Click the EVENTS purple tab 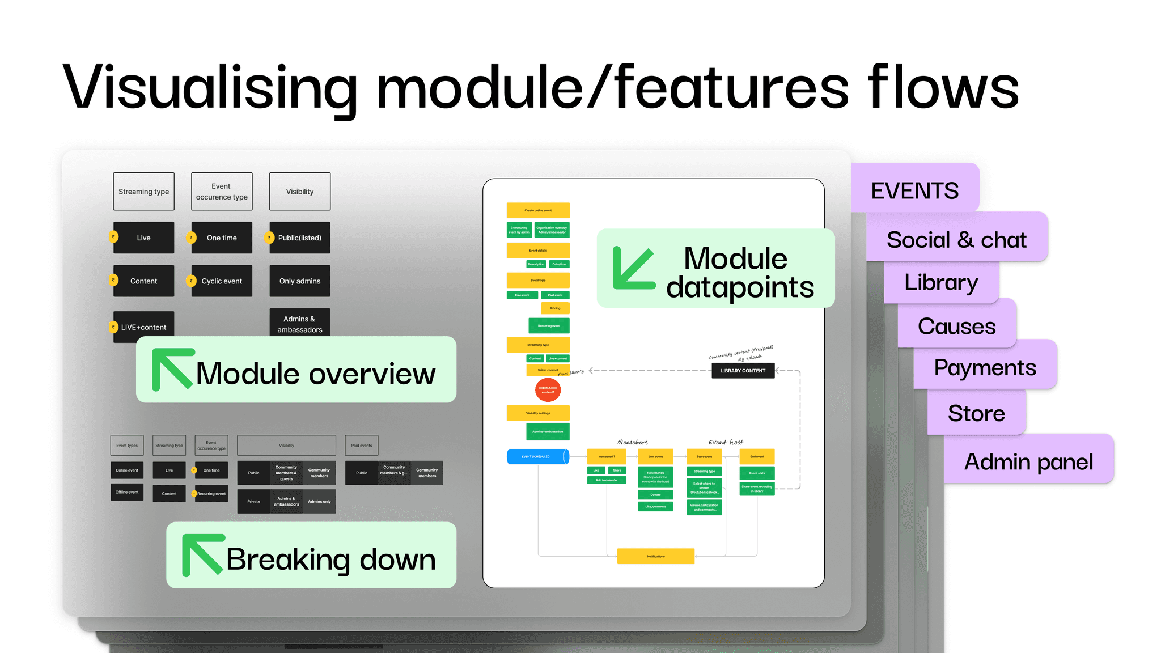click(x=914, y=190)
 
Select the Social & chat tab click(x=956, y=240)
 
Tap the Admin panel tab click(x=1028, y=461)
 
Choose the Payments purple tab click(x=985, y=367)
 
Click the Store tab click(x=976, y=413)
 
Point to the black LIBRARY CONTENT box click(x=743, y=371)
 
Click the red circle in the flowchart click(x=548, y=390)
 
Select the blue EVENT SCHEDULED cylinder click(x=537, y=456)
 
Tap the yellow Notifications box click(x=655, y=556)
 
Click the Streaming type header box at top click(x=143, y=192)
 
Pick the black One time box click(x=222, y=238)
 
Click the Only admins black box click(x=299, y=281)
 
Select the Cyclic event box click(x=222, y=281)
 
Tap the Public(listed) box click(x=299, y=238)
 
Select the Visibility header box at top click(x=299, y=192)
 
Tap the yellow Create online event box click(x=538, y=210)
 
